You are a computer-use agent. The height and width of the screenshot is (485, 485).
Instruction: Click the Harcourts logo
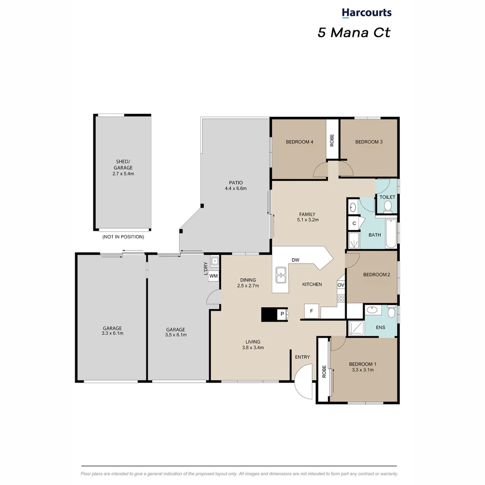click(366, 13)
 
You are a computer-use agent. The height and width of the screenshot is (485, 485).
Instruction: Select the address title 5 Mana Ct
click(354, 33)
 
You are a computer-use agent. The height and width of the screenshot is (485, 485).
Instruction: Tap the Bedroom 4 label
click(299, 142)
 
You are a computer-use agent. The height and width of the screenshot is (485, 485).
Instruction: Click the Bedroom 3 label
click(369, 142)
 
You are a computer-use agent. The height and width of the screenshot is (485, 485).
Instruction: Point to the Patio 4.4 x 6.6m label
click(235, 185)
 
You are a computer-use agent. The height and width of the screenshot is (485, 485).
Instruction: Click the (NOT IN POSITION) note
click(123, 237)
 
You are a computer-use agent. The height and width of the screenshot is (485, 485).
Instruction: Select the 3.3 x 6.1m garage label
click(112, 331)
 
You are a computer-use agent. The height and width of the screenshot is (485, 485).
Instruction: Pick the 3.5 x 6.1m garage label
click(176, 332)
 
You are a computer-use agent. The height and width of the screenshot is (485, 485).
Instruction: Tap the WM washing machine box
click(214, 275)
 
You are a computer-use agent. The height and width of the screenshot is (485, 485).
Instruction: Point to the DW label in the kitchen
click(295, 260)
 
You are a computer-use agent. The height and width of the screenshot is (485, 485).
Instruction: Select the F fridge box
click(312, 311)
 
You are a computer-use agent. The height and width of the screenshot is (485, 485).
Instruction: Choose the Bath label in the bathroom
click(375, 235)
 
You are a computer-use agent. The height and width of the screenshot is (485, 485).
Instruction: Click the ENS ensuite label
click(381, 328)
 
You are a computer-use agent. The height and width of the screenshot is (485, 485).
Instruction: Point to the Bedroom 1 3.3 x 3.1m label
click(362, 367)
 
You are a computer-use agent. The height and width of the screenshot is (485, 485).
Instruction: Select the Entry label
click(302, 357)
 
